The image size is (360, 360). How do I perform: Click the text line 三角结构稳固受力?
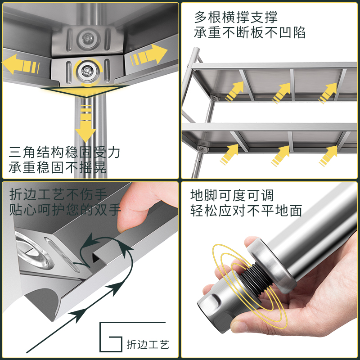pos(65,152)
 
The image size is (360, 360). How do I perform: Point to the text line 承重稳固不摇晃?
pos(58,168)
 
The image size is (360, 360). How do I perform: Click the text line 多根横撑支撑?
pos(236,17)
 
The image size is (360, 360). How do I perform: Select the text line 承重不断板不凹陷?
pos(250,32)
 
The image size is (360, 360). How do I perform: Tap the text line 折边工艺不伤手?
pos(58,194)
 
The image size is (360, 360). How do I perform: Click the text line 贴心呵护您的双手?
pos(65,210)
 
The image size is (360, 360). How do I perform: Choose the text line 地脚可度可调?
pos(232,195)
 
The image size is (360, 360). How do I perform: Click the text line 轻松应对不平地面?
pos(246,211)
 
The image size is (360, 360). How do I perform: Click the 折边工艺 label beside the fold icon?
pos(148,345)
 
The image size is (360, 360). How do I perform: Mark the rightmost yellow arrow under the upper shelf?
pos(328,94)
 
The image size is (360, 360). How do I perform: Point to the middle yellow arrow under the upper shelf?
pos(282,94)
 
